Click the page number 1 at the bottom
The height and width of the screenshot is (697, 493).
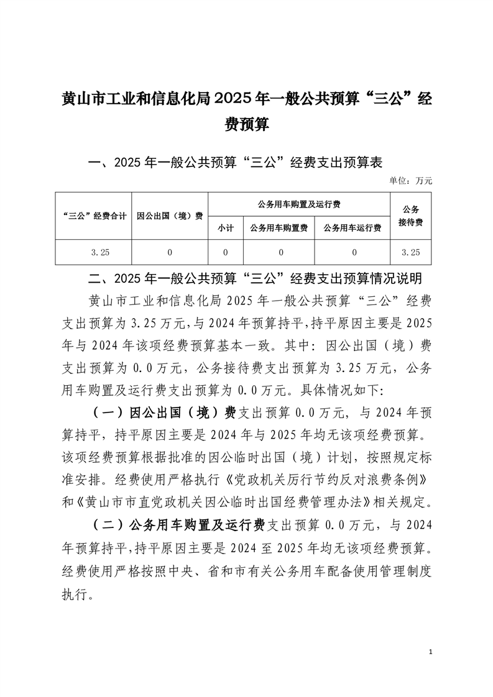tap(431, 652)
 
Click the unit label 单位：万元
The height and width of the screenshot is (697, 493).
tap(410, 181)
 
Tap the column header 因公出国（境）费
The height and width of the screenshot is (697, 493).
tap(170, 216)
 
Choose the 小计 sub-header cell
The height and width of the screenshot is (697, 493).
tap(225, 229)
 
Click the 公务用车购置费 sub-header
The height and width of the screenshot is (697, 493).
tap(279, 229)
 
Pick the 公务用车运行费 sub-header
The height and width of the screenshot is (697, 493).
tap(352, 229)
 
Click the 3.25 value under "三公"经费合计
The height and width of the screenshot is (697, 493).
tap(99, 252)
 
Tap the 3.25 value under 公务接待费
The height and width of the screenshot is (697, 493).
tap(411, 252)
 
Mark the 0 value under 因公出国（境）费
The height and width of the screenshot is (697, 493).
tap(169, 252)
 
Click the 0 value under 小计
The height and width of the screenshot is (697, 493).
tap(225, 252)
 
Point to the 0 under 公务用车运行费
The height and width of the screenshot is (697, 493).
tap(354, 252)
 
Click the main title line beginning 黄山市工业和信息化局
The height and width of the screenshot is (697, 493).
tap(246, 99)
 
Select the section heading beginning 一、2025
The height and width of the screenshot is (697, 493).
tap(236, 163)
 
